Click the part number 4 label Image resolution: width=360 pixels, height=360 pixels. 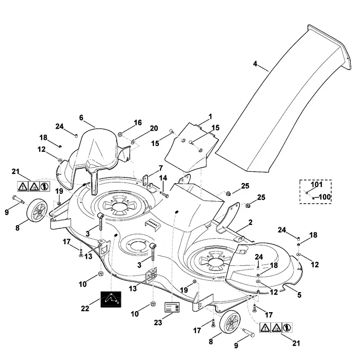click(x=255, y=64)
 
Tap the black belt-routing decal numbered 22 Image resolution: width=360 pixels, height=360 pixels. click(x=111, y=299)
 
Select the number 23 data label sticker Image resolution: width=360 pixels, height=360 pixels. click(x=172, y=307)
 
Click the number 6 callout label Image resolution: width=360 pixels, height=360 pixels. click(x=81, y=118)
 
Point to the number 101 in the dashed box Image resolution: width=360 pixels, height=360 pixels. click(x=317, y=184)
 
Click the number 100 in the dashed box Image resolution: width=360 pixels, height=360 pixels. click(x=325, y=197)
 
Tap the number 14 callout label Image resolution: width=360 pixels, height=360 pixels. click(x=163, y=178)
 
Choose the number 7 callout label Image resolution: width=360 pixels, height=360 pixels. click(x=160, y=168)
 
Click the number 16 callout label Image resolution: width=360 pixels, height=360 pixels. click(x=138, y=122)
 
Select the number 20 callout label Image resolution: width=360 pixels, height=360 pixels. click(x=154, y=129)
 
